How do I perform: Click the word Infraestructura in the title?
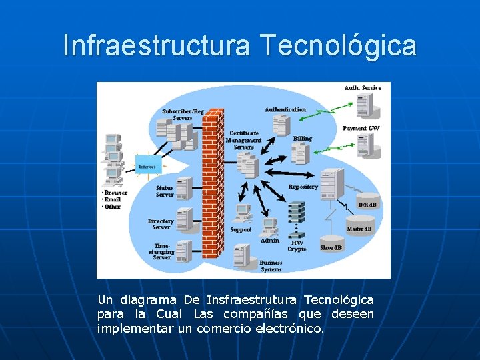[x=156, y=45]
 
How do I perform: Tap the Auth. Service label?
[x=363, y=87]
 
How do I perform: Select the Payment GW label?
[x=361, y=128]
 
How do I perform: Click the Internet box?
[x=147, y=166]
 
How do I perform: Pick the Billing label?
[x=302, y=139]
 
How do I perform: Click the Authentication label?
[x=285, y=109]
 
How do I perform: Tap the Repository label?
[x=303, y=187]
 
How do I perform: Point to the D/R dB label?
[x=367, y=205]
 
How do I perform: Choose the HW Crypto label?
[x=297, y=246]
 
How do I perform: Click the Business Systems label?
[x=271, y=266]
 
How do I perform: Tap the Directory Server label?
[x=161, y=224]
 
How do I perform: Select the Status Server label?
[x=165, y=191]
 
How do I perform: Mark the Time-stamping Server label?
[x=161, y=251]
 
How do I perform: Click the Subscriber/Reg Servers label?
[x=183, y=115]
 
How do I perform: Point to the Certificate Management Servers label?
[x=243, y=140]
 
